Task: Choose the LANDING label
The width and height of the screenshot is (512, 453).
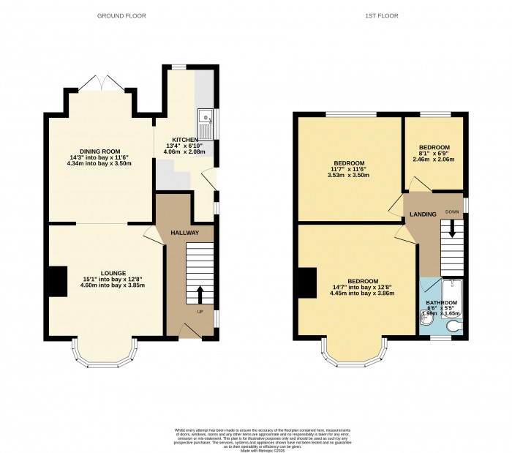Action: point(423,214)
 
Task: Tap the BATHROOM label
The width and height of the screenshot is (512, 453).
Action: point(442,303)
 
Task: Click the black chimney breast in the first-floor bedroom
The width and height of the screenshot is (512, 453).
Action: point(307,282)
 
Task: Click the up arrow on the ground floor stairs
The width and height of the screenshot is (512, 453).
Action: point(200,293)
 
